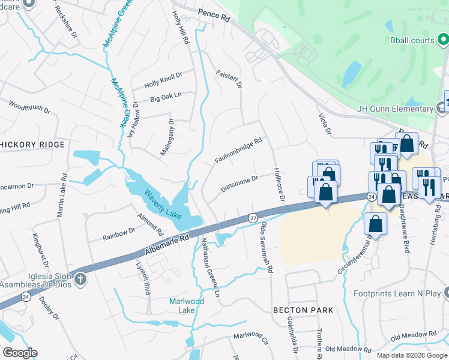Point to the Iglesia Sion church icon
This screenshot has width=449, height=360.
tap(80, 280)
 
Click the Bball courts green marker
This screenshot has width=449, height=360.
tap(442, 41)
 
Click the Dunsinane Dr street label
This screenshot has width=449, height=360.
tap(239, 183)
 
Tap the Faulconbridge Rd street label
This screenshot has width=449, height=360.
tap(238, 151)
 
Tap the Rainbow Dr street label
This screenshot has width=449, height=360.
tap(118, 232)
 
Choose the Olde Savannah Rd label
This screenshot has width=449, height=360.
tap(267, 247)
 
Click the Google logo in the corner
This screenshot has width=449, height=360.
tap(20, 353)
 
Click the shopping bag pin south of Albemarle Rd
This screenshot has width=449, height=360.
tap(375, 224)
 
